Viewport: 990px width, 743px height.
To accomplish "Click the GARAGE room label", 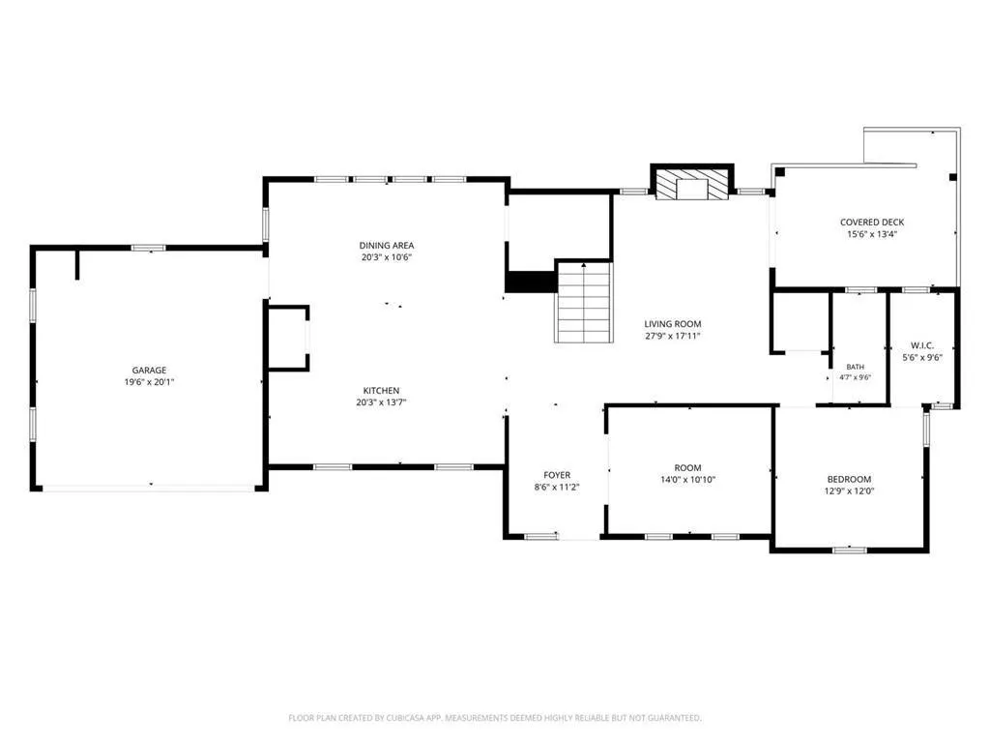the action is [x=149, y=371].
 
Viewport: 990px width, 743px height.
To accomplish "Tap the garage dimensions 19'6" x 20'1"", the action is [x=149, y=382].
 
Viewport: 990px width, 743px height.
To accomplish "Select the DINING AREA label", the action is [x=387, y=245].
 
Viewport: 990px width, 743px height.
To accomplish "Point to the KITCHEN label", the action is [x=381, y=391].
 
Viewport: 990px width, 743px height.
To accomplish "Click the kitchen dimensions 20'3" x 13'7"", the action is [x=381, y=402].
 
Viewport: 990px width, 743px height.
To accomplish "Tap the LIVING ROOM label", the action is [x=673, y=324].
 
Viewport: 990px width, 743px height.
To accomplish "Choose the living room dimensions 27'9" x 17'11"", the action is [x=673, y=336].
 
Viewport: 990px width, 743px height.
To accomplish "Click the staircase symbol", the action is [x=584, y=303].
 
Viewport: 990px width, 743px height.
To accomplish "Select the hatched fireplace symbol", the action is [x=692, y=184].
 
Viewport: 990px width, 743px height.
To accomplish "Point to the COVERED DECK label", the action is [x=872, y=223].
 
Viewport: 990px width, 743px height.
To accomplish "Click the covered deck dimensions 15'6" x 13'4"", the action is [x=872, y=234].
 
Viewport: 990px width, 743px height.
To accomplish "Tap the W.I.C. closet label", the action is [x=922, y=345].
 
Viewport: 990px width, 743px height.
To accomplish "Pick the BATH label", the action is [x=856, y=367].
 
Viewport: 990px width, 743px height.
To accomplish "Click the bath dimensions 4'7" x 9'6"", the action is [x=856, y=377].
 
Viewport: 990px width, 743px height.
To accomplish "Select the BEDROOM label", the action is [x=849, y=480].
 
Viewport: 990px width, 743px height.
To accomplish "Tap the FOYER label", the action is [x=557, y=475].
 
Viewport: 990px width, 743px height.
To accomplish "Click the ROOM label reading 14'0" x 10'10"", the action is [x=687, y=468].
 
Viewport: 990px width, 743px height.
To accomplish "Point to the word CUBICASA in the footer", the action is [x=410, y=718].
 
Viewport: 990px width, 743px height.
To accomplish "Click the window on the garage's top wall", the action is [x=148, y=248].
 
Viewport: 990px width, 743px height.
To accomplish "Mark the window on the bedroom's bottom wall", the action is [x=849, y=550].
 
